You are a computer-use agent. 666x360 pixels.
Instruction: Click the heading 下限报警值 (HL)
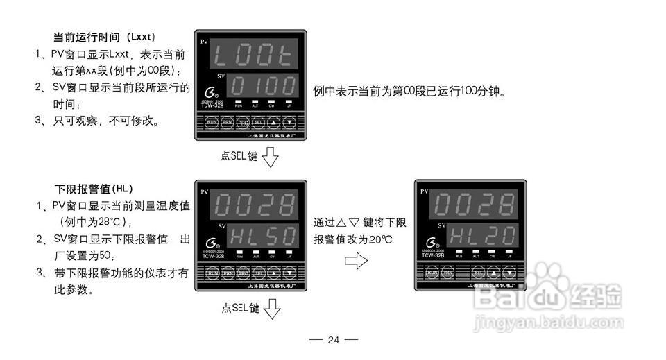tap(94, 189)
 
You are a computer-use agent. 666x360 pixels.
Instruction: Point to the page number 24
tap(333, 340)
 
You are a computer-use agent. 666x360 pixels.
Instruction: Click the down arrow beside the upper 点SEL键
tap(271, 157)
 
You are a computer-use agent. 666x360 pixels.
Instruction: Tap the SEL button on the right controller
tap(478, 273)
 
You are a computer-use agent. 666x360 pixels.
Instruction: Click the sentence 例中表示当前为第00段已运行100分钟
tap(409, 91)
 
